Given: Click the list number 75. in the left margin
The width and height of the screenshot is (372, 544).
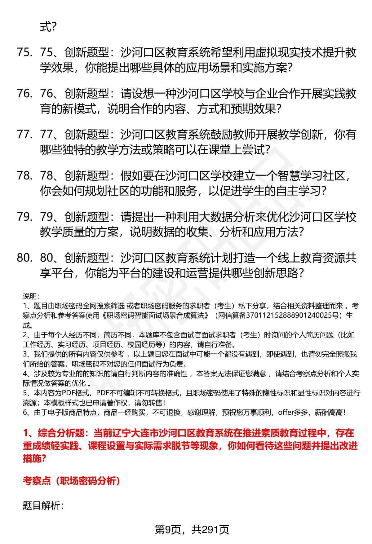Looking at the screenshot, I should pyautogui.click(x=24, y=53).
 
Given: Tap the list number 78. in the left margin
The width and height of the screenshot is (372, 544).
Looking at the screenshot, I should pyautogui.click(x=24, y=176).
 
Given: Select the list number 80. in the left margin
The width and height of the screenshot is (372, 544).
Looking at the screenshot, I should pyautogui.click(x=24, y=258).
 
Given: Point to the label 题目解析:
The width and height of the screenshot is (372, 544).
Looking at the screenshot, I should pyautogui.click(x=43, y=506).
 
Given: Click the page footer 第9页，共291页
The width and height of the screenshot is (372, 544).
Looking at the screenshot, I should pyautogui.click(x=192, y=530).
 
